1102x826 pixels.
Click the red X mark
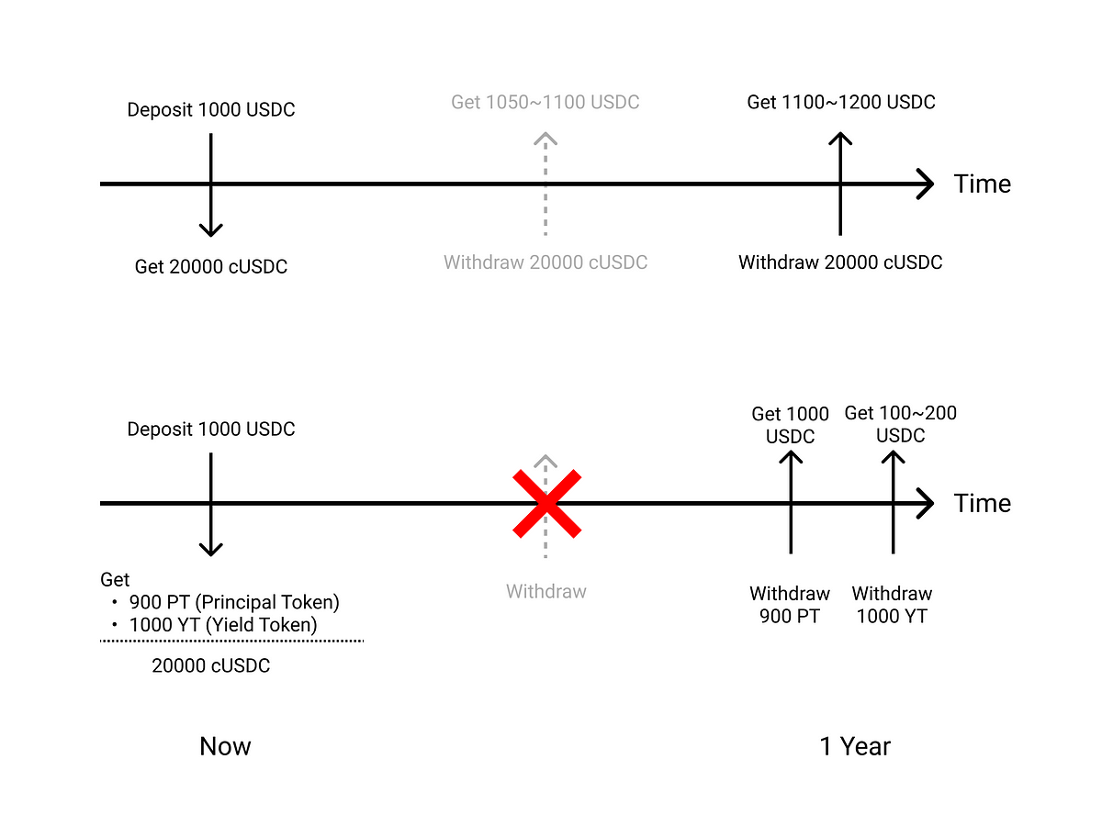coord(546,503)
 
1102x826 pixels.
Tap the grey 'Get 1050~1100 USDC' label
coord(545,102)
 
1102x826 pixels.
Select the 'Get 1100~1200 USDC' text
coord(841,102)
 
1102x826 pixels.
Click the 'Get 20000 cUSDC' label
coord(211,267)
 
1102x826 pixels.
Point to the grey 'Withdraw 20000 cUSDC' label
coord(545,262)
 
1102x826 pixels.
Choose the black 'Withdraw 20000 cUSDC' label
coord(840,262)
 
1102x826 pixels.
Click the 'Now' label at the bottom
coord(225,746)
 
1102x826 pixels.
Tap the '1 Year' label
coord(855,746)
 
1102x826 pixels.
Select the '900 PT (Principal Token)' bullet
coord(234,603)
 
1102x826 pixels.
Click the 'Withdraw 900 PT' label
coord(790,605)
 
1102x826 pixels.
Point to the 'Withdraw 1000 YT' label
coord(892,605)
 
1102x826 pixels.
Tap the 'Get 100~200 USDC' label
coord(900,424)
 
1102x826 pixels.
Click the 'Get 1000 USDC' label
coord(790,425)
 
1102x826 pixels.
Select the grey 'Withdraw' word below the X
coord(545,592)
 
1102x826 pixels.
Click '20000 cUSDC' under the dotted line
coord(211,666)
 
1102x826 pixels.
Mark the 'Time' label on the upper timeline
coord(983,184)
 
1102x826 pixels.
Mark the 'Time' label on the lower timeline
coord(983,503)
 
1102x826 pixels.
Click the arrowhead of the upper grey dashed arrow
coord(545,140)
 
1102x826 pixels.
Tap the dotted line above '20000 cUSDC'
coord(232,641)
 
